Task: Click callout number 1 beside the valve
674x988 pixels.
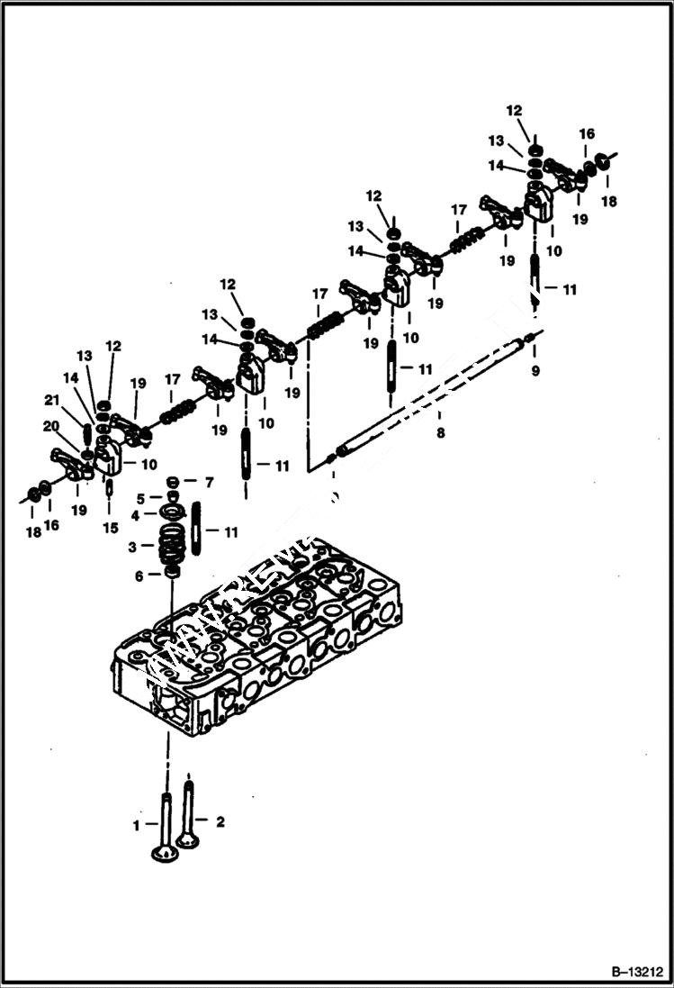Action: coord(137,824)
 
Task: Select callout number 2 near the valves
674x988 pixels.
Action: coord(220,820)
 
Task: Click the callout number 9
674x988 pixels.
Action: coord(535,370)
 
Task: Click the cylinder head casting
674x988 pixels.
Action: coord(261,648)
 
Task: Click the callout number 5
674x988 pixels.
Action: coord(139,498)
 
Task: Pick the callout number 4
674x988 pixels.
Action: coord(135,515)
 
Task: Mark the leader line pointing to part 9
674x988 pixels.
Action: coord(535,353)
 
